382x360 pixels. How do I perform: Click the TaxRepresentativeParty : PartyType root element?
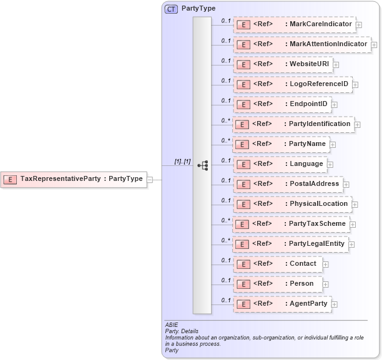tap(74, 180)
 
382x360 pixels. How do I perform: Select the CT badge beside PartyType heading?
tap(170, 9)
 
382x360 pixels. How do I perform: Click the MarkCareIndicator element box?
tap(294, 24)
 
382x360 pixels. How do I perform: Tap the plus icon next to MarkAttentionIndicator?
tap(374, 44)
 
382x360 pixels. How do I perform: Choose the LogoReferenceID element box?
tap(292, 84)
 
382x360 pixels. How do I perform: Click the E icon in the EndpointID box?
tap(243, 104)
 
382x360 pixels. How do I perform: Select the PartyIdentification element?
tap(293, 124)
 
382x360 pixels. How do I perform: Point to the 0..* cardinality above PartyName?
tap(225, 140)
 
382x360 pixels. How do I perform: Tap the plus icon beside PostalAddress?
tap(346, 184)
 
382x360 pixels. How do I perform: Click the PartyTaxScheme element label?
tap(317, 224)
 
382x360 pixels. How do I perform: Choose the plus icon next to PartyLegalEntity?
tap(352, 244)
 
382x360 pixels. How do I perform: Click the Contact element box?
tap(278, 264)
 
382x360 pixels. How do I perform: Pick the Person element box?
tap(278, 284)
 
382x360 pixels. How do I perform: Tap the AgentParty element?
tap(282, 304)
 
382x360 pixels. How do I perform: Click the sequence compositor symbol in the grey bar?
tap(202, 165)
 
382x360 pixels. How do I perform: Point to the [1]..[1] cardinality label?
tap(182, 162)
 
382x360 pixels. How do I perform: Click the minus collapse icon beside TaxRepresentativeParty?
tap(150, 180)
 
